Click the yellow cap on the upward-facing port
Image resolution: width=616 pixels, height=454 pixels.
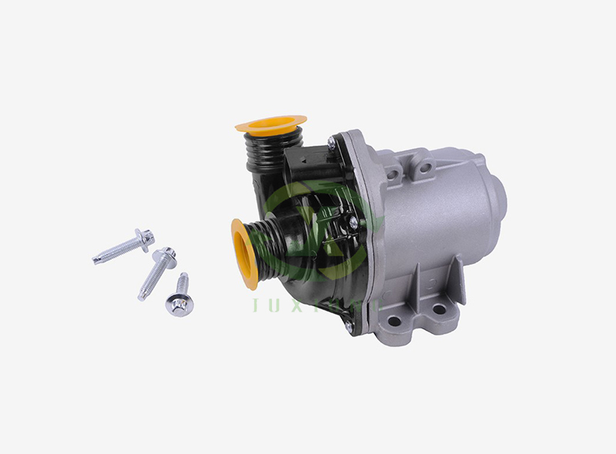click(270, 123)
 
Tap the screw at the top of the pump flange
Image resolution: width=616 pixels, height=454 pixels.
click(331, 142)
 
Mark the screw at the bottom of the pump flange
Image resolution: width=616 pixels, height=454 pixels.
click(348, 327)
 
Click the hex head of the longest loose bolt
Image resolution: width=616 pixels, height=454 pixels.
click(144, 238)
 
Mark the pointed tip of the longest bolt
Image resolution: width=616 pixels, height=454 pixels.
click(95, 259)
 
